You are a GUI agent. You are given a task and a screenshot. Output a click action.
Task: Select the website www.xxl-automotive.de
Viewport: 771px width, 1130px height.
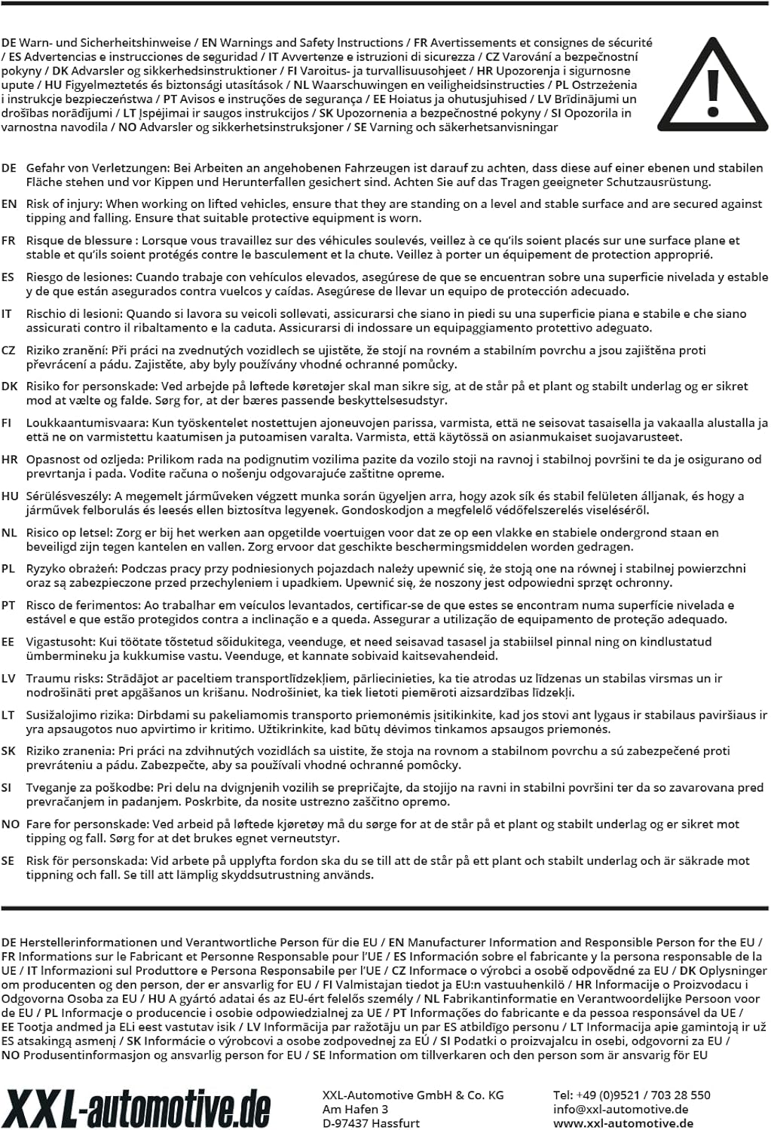[x=623, y=1123]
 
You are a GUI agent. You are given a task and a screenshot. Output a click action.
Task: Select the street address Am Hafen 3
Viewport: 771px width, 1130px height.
[x=355, y=1109]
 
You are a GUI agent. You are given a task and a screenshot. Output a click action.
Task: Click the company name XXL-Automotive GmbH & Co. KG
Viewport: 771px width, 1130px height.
[x=412, y=1095]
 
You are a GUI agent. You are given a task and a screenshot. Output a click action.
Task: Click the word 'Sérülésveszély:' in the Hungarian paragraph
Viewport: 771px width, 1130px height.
[x=69, y=496]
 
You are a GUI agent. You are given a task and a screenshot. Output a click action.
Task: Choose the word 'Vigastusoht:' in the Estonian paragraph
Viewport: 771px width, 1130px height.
[x=59, y=641]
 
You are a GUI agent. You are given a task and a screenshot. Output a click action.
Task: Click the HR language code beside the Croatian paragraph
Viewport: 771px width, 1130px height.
[x=9, y=459]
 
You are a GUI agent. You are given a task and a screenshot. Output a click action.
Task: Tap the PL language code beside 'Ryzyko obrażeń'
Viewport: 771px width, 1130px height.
[x=8, y=568]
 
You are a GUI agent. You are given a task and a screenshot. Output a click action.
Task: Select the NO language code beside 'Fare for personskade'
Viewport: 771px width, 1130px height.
[x=10, y=823]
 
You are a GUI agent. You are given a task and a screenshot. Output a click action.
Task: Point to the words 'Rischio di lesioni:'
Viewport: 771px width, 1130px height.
[x=74, y=313]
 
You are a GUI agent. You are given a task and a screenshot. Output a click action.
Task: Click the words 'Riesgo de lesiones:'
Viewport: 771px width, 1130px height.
[x=79, y=276]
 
